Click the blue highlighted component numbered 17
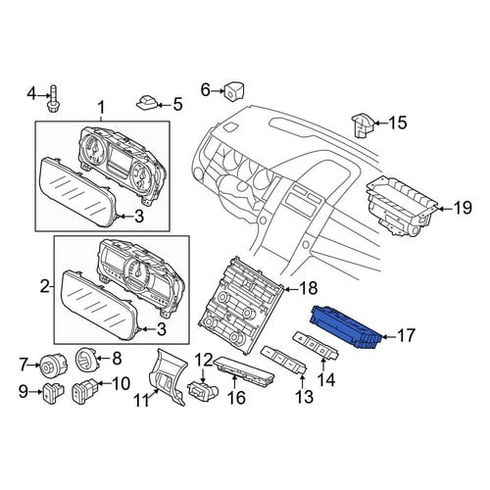(x=346, y=327)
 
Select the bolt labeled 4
(x=53, y=97)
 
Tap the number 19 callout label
(x=463, y=208)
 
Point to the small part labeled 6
(x=233, y=89)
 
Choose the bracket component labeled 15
(x=363, y=125)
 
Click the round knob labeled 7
(x=53, y=365)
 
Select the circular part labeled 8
(x=85, y=360)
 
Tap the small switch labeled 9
(x=52, y=392)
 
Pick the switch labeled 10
(x=84, y=391)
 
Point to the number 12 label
(x=204, y=360)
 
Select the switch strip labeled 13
(x=284, y=361)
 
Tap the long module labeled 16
(x=244, y=370)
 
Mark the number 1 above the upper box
(x=101, y=108)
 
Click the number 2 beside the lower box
(x=45, y=287)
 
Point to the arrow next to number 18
(x=290, y=289)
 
